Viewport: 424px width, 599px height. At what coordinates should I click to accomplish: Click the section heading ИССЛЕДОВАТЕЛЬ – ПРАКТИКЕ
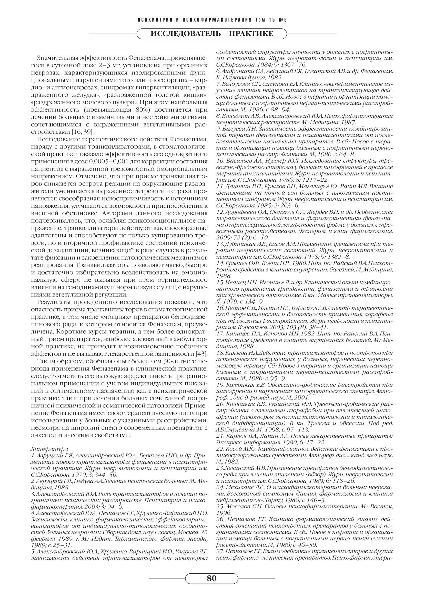click(x=212, y=34)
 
